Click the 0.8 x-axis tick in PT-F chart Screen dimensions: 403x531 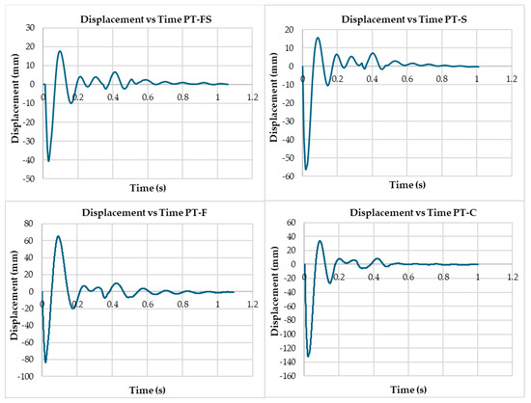click(182, 305)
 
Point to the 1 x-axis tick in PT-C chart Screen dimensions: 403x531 click(477, 278)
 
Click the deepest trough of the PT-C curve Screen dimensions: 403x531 click(309, 356)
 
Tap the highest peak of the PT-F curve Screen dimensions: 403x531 click(58, 236)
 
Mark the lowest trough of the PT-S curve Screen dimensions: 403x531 click(306, 170)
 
